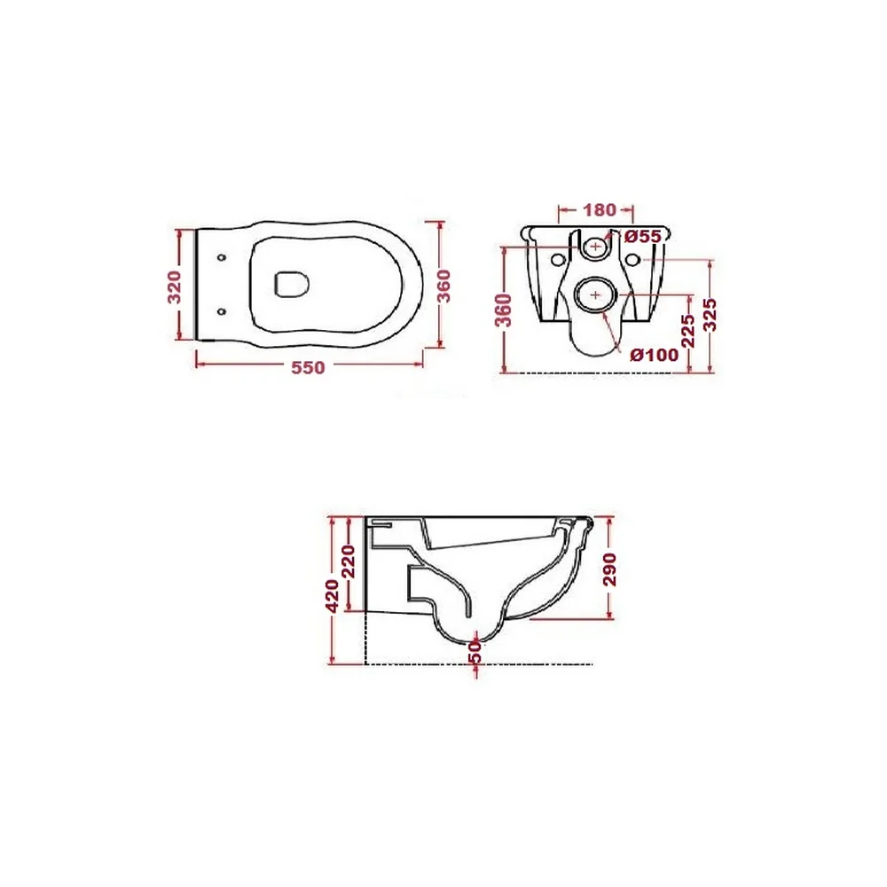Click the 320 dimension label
click(x=175, y=287)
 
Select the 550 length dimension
click(x=309, y=368)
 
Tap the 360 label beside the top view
click(x=444, y=286)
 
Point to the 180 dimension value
click(x=599, y=210)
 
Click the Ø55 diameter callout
click(x=643, y=237)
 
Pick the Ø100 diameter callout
click(x=654, y=355)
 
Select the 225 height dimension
click(x=688, y=331)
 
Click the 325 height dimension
click(x=710, y=315)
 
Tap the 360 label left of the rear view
click(x=504, y=310)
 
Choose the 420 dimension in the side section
click(x=333, y=596)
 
